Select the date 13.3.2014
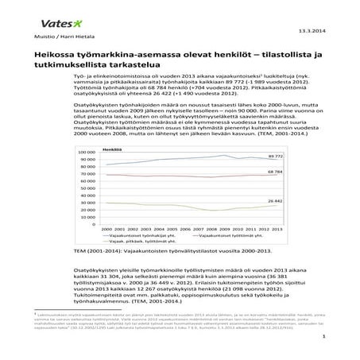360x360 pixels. pos(312,32)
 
